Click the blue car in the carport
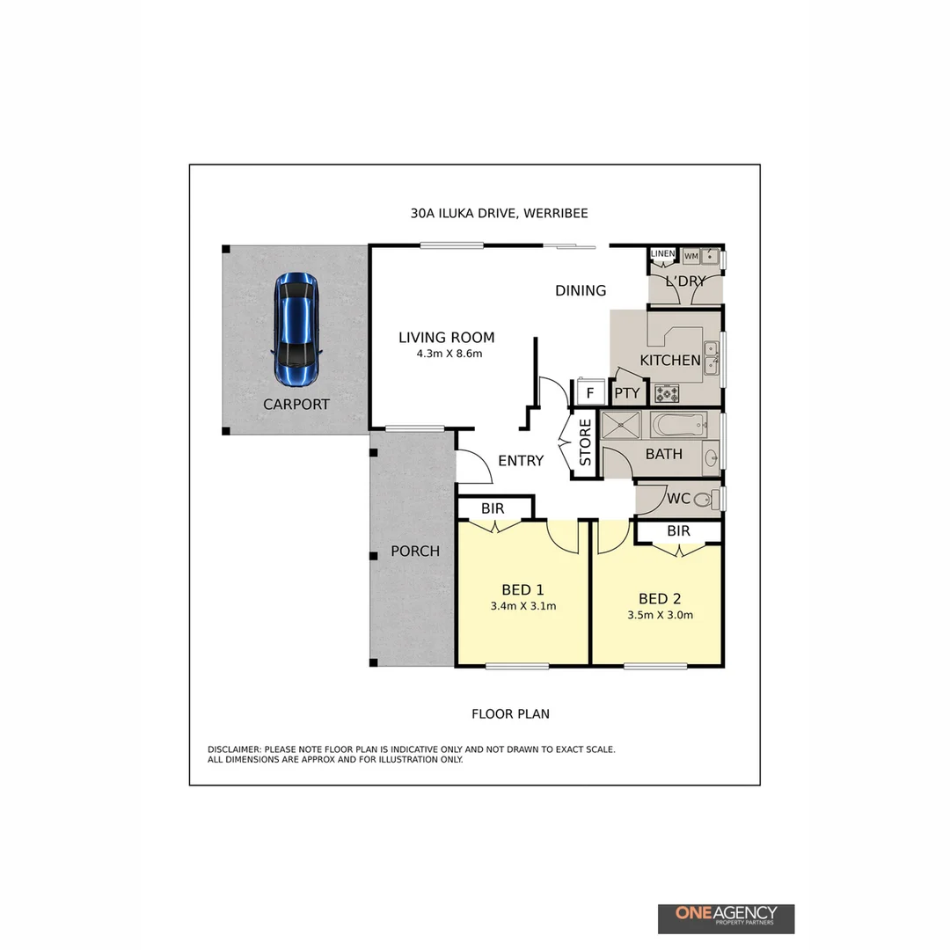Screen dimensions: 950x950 [296, 329]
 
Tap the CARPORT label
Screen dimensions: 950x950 [296, 405]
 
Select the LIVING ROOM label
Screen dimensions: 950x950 [447, 338]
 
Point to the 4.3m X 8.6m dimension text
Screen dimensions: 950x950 [450, 354]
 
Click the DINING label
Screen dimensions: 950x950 [581, 290]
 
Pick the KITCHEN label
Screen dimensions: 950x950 [670, 361]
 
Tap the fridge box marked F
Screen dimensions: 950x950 [589, 392]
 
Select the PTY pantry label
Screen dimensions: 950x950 [626, 393]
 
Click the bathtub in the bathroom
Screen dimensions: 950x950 [678, 426]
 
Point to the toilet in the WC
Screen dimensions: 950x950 [703, 500]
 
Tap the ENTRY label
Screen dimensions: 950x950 [521, 461]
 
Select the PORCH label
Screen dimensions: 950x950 [415, 552]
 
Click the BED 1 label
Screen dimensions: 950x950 [523, 589]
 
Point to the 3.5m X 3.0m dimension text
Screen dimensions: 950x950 [660, 615]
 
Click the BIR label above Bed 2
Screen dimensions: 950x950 [678, 531]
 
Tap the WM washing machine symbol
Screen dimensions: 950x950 [691, 256]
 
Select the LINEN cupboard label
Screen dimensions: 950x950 [662, 254]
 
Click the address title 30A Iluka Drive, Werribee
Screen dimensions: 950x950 [499, 213]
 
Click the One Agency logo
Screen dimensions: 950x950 [726, 918]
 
